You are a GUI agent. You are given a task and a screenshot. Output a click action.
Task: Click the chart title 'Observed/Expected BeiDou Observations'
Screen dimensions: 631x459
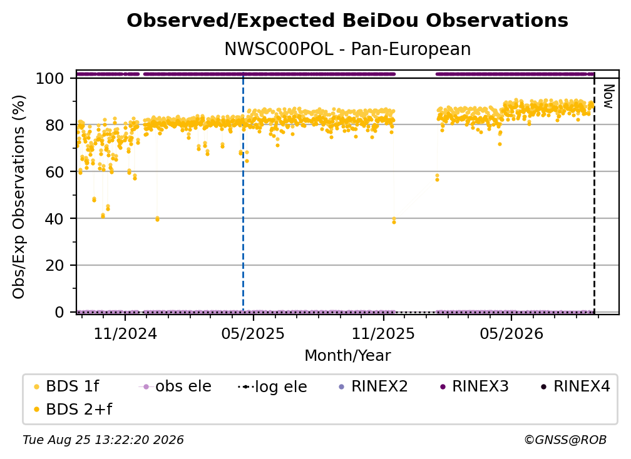[x=347, y=21]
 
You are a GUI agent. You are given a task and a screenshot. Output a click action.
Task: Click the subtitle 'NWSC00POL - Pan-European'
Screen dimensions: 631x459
[x=347, y=49]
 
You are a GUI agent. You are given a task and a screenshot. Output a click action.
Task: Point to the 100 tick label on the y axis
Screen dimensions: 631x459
[x=49, y=78]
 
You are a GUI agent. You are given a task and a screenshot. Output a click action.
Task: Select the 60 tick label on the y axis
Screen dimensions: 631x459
[x=54, y=172]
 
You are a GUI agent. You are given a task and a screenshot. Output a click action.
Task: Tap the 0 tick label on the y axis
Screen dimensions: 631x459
[x=59, y=312]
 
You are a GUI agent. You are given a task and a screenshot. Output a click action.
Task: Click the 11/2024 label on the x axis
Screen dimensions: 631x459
[x=125, y=333]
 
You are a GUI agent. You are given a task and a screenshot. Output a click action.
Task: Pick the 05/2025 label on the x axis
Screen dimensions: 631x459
[x=253, y=333]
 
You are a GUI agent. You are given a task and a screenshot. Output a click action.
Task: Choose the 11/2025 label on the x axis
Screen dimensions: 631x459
[x=383, y=333]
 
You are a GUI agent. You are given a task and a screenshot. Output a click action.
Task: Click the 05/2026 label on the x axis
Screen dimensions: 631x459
[x=511, y=333]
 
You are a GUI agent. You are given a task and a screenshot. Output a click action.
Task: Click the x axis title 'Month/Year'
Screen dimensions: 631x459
[x=347, y=356]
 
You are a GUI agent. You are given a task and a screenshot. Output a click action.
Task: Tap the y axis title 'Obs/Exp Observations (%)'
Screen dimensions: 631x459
[x=19, y=197]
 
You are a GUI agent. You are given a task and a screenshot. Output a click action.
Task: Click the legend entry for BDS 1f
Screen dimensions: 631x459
[x=66, y=386]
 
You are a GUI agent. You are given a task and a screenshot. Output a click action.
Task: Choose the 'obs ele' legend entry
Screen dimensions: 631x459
[x=175, y=386]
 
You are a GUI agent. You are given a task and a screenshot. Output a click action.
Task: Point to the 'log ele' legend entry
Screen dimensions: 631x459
[x=272, y=386]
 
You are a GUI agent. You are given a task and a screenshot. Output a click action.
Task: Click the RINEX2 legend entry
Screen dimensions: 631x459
[x=373, y=386]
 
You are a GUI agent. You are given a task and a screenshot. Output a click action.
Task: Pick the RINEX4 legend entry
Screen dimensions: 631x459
[x=575, y=386]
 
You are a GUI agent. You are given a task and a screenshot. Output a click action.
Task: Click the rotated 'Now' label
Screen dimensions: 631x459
[x=608, y=96]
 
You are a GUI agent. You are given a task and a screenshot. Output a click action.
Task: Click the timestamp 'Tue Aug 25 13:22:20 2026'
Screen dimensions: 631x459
[x=103, y=440]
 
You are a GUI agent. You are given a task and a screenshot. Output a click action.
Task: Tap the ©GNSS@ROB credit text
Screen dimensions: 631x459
[x=565, y=440]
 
